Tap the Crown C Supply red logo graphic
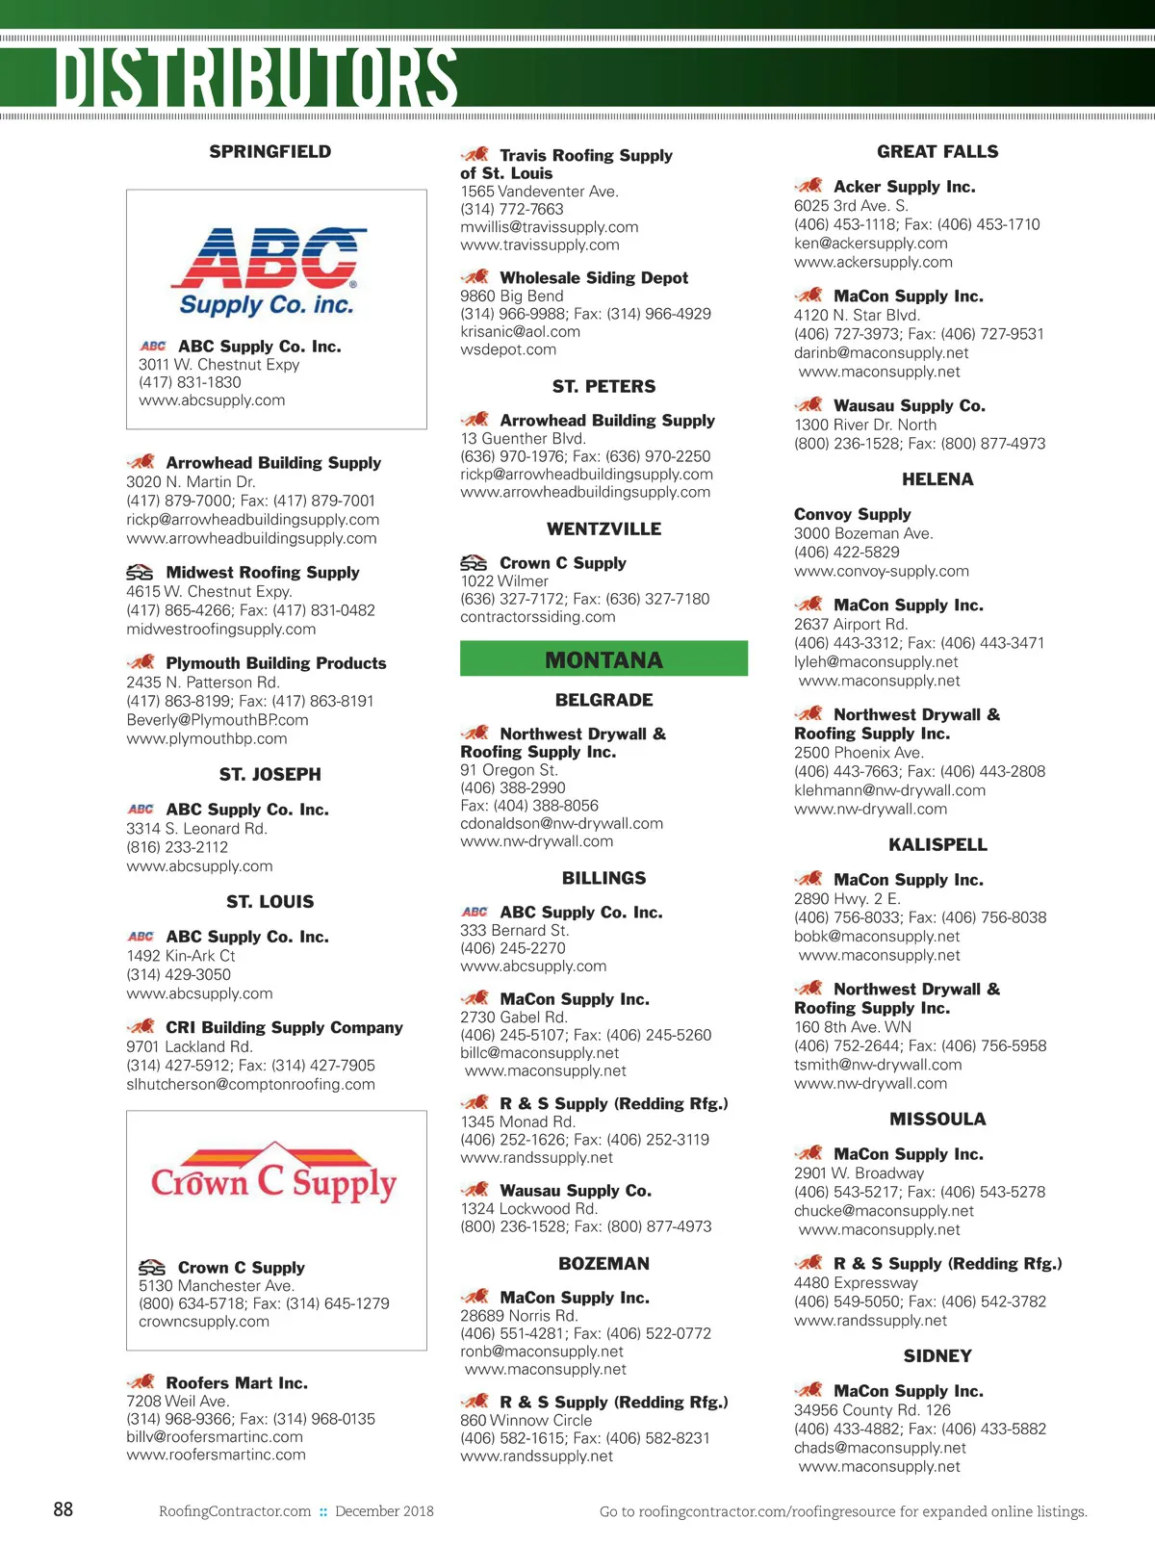point(274,1175)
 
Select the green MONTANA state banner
point(603,659)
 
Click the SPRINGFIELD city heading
point(270,151)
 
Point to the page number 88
point(64,1508)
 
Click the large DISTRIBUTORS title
point(256,76)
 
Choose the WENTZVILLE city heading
point(603,528)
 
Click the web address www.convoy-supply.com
point(881,571)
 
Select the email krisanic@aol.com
point(520,331)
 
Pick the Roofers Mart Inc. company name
point(237,1382)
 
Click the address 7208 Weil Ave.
point(177,1401)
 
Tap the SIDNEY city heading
point(937,1355)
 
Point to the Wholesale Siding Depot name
point(594,277)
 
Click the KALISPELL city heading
point(937,844)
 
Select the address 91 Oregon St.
point(508,769)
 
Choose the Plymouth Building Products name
point(276,662)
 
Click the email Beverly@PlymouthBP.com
point(218,719)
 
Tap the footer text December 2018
point(384,1510)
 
